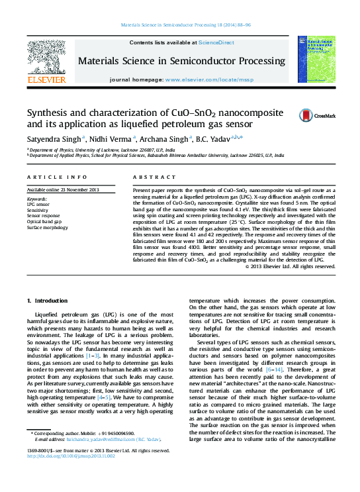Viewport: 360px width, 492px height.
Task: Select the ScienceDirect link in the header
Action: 217,42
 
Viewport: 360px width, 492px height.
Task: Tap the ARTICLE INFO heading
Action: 57,178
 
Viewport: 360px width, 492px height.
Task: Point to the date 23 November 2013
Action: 75,190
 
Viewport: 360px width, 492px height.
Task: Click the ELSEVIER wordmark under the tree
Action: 46,80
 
